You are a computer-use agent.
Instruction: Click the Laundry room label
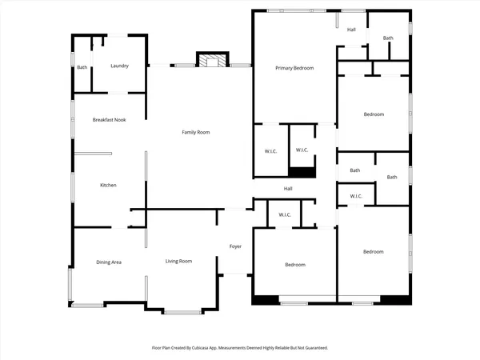point(119,66)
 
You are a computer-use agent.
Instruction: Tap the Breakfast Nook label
point(108,119)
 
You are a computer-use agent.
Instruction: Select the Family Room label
point(195,132)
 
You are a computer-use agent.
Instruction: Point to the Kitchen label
point(108,185)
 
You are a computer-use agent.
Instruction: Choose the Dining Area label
point(108,262)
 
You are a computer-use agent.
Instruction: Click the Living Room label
point(178,262)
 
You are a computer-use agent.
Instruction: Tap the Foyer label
point(235,246)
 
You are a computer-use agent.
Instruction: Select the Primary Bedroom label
point(294,68)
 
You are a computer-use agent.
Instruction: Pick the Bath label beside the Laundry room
point(82,67)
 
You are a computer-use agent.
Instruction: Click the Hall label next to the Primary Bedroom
point(351,30)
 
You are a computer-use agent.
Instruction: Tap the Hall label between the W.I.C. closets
point(287,189)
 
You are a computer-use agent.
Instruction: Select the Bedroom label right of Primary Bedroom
point(374,114)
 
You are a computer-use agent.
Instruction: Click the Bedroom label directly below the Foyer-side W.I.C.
point(294,265)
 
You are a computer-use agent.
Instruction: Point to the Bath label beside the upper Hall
point(388,38)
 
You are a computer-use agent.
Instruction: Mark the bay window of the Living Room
point(186,311)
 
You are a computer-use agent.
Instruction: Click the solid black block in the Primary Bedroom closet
point(302,172)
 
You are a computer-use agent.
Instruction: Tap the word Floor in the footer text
point(157,348)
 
